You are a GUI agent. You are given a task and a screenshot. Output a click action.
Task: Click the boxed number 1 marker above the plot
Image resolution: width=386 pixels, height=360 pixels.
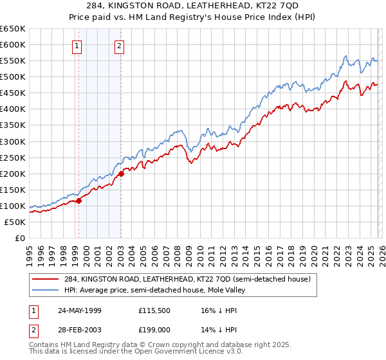point(77,45)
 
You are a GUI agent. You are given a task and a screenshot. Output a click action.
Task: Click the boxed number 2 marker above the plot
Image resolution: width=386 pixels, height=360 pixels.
point(120,45)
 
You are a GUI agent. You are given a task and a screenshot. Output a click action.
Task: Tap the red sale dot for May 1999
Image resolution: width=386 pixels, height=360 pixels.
point(79,201)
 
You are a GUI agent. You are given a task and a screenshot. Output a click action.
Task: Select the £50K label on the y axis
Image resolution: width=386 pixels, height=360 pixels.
point(15,222)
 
